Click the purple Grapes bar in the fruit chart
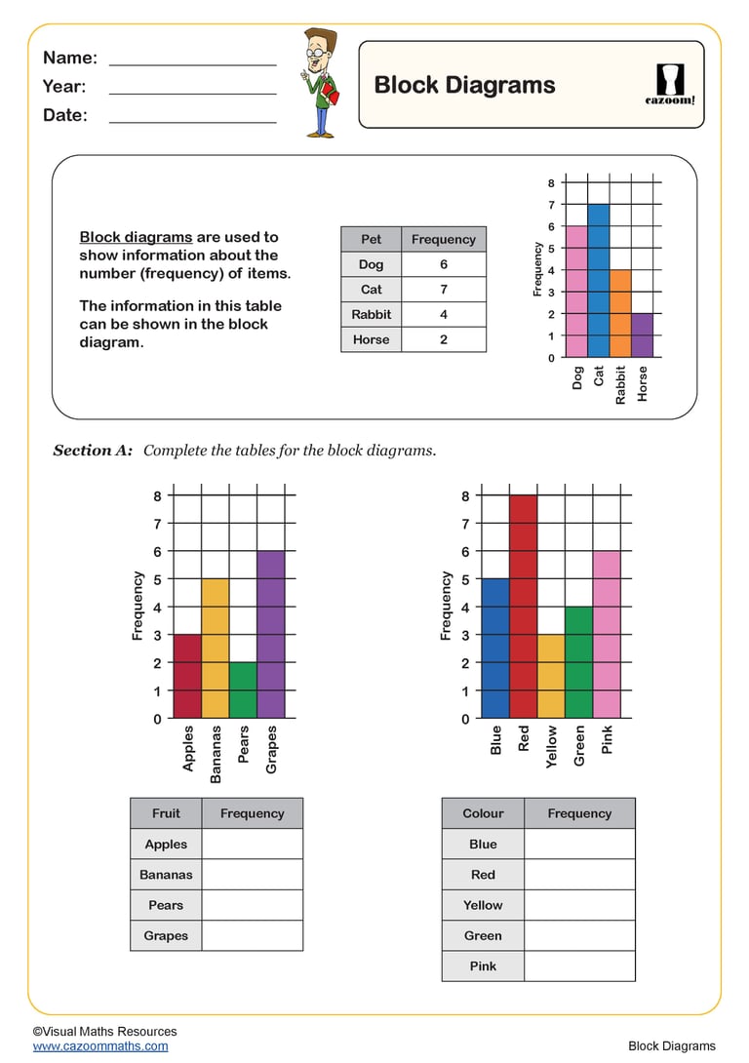click(x=270, y=635)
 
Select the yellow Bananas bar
click(x=215, y=649)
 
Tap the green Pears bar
click(x=243, y=690)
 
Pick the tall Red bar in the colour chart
click(x=523, y=607)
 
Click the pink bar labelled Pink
click(x=607, y=635)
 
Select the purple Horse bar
click(x=642, y=335)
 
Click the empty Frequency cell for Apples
click(x=252, y=845)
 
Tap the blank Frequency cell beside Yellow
click(x=579, y=905)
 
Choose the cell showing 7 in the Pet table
click(x=443, y=290)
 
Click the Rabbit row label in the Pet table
click(x=371, y=315)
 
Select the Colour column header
click(x=483, y=813)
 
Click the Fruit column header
click(x=166, y=813)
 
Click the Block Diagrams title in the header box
click(x=464, y=85)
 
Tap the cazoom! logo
click(x=670, y=85)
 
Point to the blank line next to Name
click(x=192, y=60)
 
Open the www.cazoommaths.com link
click(x=100, y=1046)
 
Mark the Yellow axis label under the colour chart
click(x=552, y=747)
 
